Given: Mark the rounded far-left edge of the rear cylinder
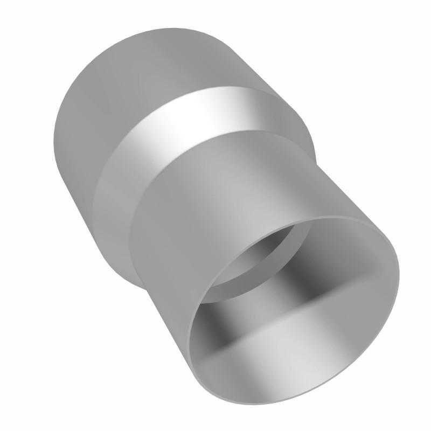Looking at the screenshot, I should tap(55, 140).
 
